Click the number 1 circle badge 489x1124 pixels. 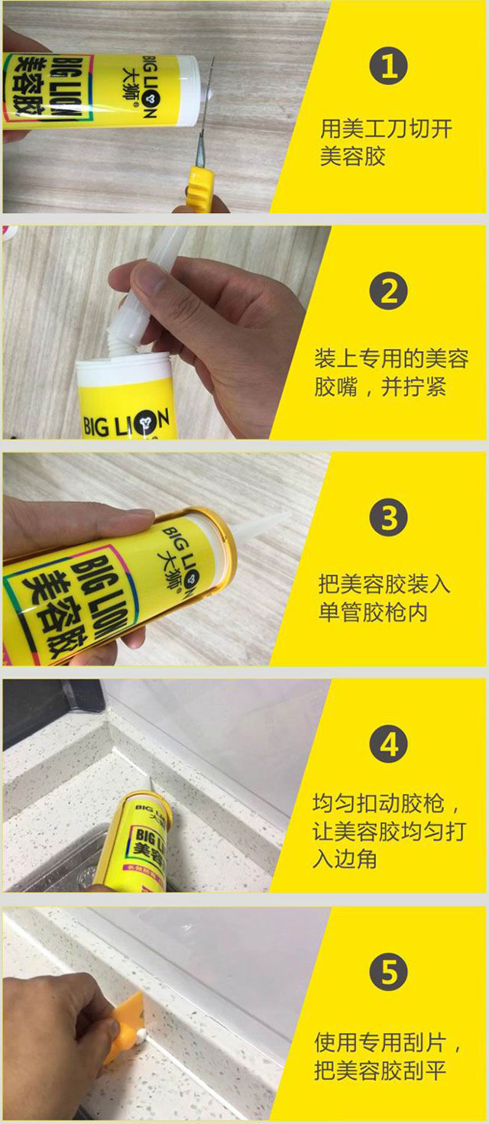pos(389,67)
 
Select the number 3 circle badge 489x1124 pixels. pos(389,519)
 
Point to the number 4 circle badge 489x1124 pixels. pos(389,744)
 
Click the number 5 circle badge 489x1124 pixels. pos(389,973)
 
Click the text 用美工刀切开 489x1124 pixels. pos(386,128)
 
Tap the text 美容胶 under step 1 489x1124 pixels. pos(352,157)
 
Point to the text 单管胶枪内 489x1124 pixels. pos(373,613)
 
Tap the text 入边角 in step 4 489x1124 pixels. pos(345,859)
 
